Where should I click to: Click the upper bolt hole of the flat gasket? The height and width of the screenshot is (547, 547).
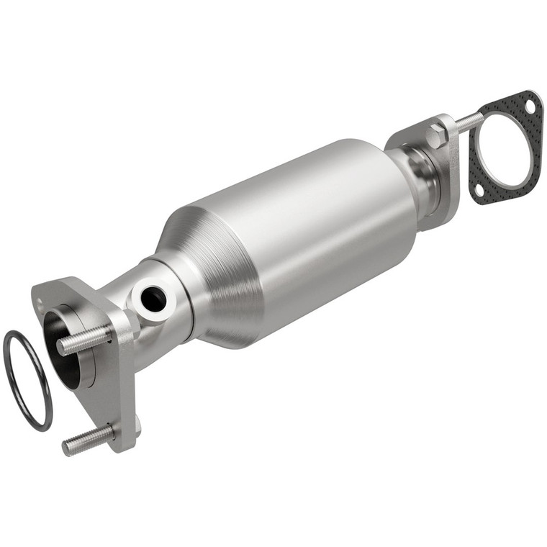pos(530,107)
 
